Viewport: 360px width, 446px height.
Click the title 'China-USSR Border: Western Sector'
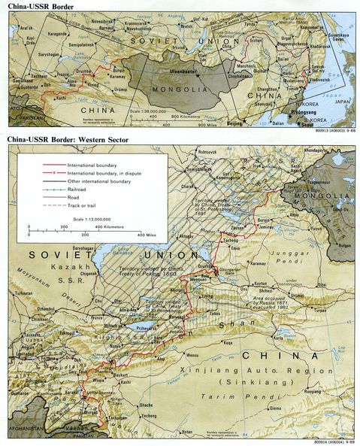coord(68,140)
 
